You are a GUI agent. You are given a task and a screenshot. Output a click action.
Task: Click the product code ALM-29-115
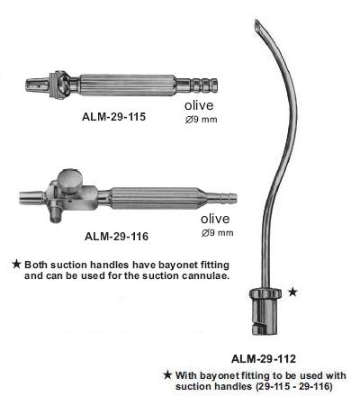(x=113, y=116)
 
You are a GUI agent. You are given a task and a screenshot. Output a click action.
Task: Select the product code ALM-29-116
(x=116, y=237)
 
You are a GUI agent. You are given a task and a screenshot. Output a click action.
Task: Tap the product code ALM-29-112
(x=264, y=359)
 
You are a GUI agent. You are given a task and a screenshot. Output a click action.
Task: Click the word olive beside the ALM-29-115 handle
(x=199, y=105)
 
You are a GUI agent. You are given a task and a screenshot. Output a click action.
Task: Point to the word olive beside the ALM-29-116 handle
(x=215, y=219)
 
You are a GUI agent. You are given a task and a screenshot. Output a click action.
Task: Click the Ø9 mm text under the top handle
(x=201, y=120)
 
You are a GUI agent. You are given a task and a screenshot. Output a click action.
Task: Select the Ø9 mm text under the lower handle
(x=217, y=233)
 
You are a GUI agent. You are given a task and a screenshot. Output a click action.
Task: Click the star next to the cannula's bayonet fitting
(x=292, y=292)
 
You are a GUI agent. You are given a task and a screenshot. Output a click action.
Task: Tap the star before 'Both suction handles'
(x=16, y=265)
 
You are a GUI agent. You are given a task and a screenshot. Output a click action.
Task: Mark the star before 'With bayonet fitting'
(x=167, y=374)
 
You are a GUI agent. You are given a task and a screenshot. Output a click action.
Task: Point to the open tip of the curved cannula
(x=257, y=24)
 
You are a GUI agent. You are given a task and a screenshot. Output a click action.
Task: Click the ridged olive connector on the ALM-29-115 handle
(x=204, y=85)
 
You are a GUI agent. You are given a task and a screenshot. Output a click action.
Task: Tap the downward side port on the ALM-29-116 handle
(x=56, y=213)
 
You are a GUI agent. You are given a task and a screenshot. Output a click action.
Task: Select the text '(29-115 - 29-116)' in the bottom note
(x=293, y=386)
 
